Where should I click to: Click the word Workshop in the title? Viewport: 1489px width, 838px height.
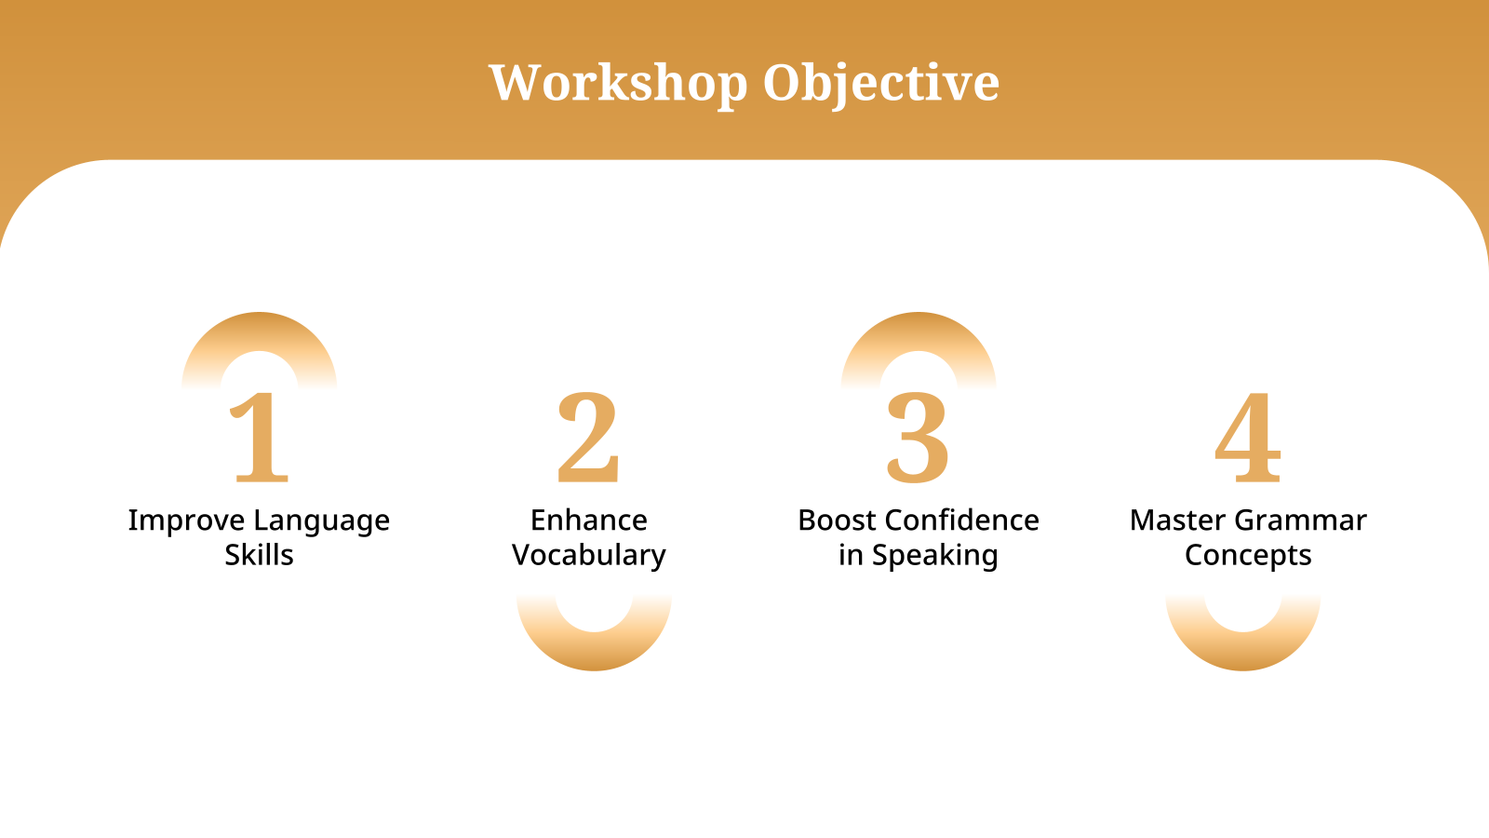[x=618, y=83]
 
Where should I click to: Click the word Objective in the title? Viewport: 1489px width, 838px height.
[x=880, y=83]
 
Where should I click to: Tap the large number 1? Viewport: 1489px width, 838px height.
[x=260, y=438]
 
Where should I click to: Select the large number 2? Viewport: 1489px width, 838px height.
[x=588, y=438]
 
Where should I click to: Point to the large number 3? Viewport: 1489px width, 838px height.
[x=918, y=438]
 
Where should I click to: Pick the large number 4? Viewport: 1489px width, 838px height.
[x=1247, y=438]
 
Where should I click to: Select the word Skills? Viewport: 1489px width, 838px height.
[x=259, y=555]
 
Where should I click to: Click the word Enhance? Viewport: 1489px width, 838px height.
[x=588, y=520]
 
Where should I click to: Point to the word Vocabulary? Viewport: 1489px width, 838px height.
[x=588, y=555]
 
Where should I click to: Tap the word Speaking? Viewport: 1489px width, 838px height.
[x=934, y=555]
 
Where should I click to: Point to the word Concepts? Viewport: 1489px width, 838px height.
[x=1247, y=555]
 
